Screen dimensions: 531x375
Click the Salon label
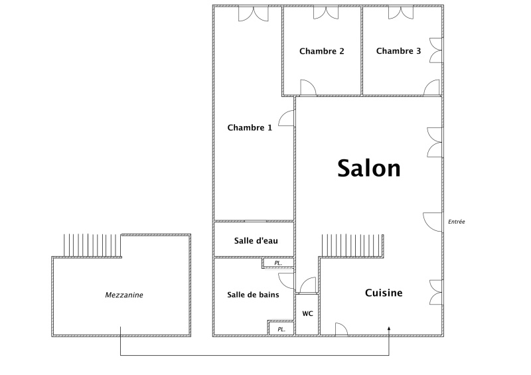(369, 169)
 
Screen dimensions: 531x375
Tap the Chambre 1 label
(250, 127)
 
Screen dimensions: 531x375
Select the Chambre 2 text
(322, 51)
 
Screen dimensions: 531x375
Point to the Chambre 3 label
(399, 51)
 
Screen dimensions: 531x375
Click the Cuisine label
(384, 293)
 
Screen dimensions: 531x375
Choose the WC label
(307, 314)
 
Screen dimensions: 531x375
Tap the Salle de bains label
(253, 295)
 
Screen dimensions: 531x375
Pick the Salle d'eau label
(256, 240)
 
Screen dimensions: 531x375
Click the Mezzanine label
(124, 295)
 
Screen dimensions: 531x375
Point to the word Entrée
(457, 222)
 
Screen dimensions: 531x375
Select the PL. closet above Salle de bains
(278, 263)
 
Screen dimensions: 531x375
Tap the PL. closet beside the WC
(281, 329)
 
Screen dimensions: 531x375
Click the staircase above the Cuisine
(352, 246)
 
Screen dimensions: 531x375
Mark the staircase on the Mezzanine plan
(92, 246)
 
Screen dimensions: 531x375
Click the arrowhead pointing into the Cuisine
(389, 329)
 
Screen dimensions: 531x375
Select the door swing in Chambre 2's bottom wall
(308, 88)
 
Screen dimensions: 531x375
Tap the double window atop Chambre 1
(254, 14)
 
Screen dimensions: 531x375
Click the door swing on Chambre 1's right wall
(287, 118)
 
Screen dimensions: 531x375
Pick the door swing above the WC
(308, 285)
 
